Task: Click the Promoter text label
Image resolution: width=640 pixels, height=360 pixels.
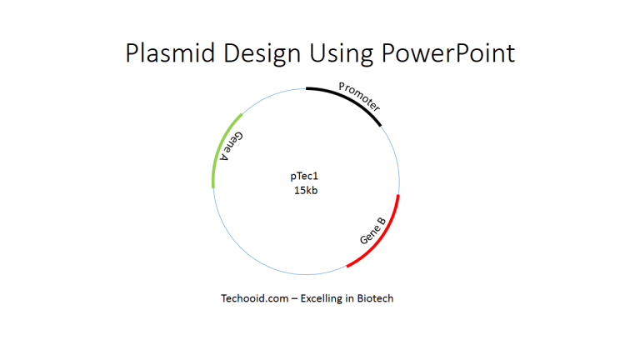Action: (x=360, y=97)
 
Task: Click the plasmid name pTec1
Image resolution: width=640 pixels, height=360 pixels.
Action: (x=305, y=176)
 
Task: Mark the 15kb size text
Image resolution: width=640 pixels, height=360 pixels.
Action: (x=305, y=191)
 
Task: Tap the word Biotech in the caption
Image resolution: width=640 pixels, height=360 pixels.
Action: (x=374, y=297)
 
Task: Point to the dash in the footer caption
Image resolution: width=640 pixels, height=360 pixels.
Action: (x=286, y=297)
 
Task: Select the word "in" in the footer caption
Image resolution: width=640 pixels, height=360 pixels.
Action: (x=348, y=297)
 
